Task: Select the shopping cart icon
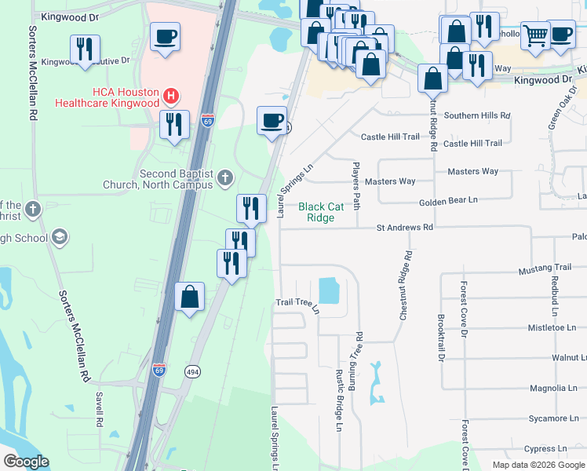point(534,35)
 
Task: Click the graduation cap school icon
point(59,238)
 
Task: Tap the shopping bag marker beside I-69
point(189,298)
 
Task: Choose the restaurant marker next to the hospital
point(174,124)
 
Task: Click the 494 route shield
point(191,371)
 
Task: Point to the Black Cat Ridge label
point(321,212)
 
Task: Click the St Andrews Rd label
point(404,227)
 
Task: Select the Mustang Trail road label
point(545,268)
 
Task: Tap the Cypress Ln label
point(547,450)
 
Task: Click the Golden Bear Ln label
point(448,201)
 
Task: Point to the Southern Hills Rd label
point(476,115)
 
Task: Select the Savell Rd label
point(100,409)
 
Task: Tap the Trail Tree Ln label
point(298,304)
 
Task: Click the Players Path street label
point(355,186)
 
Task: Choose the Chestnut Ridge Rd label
point(404,285)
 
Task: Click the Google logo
point(26,462)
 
